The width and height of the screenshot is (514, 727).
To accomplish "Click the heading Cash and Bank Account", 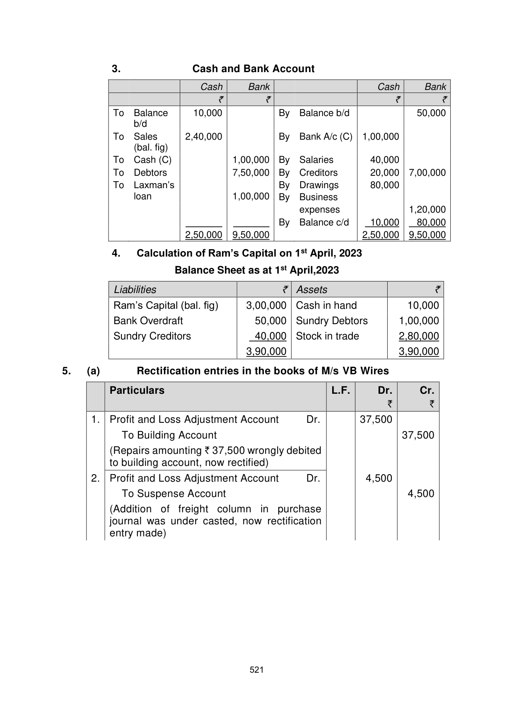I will point(253,69).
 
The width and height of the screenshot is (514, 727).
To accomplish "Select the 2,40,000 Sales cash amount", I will point(203,137).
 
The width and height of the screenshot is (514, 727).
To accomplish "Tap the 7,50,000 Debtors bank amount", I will point(251,173).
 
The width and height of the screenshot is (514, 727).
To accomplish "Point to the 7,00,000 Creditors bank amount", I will point(427,173).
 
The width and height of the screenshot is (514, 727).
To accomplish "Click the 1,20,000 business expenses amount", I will point(427,210).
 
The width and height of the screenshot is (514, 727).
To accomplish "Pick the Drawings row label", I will point(319,185).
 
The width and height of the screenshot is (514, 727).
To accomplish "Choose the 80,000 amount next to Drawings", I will point(384,185).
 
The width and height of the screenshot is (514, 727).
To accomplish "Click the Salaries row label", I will point(316,160).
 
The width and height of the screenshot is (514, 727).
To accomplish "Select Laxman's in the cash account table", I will point(154,185).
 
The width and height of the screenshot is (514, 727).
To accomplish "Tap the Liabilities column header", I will point(135,290).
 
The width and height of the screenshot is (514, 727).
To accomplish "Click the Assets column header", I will point(311,290).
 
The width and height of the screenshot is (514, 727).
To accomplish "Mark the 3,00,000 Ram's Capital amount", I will point(266,305).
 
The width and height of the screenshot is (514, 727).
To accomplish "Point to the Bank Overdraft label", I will point(148,321).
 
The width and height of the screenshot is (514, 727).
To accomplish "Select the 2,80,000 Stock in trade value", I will point(418,336).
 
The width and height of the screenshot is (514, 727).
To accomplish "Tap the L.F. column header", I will point(340,390).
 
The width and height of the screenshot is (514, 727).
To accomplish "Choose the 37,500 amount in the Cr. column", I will point(418,435).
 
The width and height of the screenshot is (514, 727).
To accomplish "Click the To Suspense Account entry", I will point(174,494).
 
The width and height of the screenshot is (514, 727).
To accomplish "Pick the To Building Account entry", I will point(169,435).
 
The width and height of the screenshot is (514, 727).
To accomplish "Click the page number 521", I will point(257,670).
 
